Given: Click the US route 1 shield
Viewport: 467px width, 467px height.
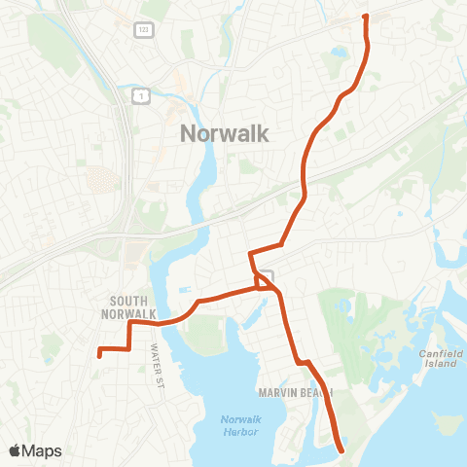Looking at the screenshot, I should tap(143, 95).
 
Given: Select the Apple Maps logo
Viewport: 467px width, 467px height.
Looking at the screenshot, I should tap(35, 450).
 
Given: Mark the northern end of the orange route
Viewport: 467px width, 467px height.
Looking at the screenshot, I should tap(365, 16).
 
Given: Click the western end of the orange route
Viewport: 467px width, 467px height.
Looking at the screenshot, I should tap(99, 355).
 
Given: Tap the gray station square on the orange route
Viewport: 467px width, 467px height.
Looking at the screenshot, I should tap(269, 277).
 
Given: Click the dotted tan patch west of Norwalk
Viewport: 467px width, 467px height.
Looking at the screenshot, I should tap(99, 179).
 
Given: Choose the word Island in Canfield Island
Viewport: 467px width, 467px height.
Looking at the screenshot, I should tap(440, 364).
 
